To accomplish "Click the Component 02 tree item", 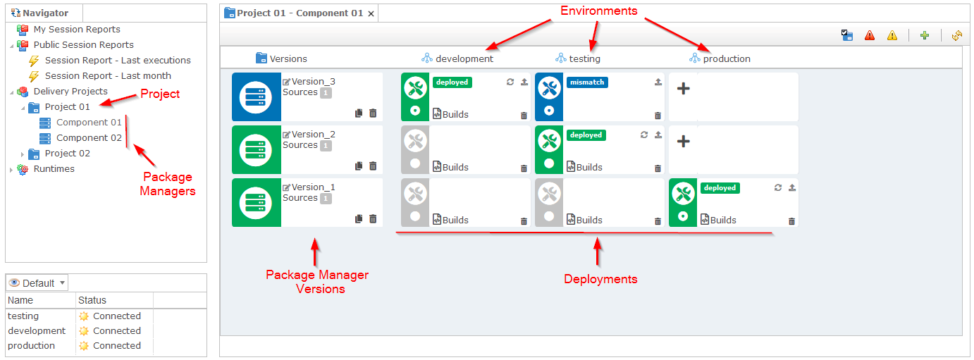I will (x=89, y=138).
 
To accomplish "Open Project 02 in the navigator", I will (x=67, y=154).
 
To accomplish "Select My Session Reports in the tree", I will (x=76, y=30).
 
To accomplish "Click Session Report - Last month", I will (x=108, y=76).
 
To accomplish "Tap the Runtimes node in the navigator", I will (x=54, y=169).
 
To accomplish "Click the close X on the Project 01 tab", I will (x=371, y=13).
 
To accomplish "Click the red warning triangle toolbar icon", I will (x=870, y=35).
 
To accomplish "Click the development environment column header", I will (x=464, y=58).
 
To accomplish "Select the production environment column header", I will (x=726, y=58).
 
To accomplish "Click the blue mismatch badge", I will (x=587, y=82).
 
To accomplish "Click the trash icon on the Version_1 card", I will (x=373, y=219).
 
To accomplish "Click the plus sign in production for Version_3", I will (x=683, y=89).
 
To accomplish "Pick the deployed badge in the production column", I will (x=720, y=188).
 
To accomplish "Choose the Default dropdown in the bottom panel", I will (x=37, y=283).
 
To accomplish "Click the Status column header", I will (x=92, y=301).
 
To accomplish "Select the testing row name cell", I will (x=23, y=316).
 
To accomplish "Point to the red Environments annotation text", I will (x=598, y=11).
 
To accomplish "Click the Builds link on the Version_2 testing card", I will (x=588, y=168).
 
